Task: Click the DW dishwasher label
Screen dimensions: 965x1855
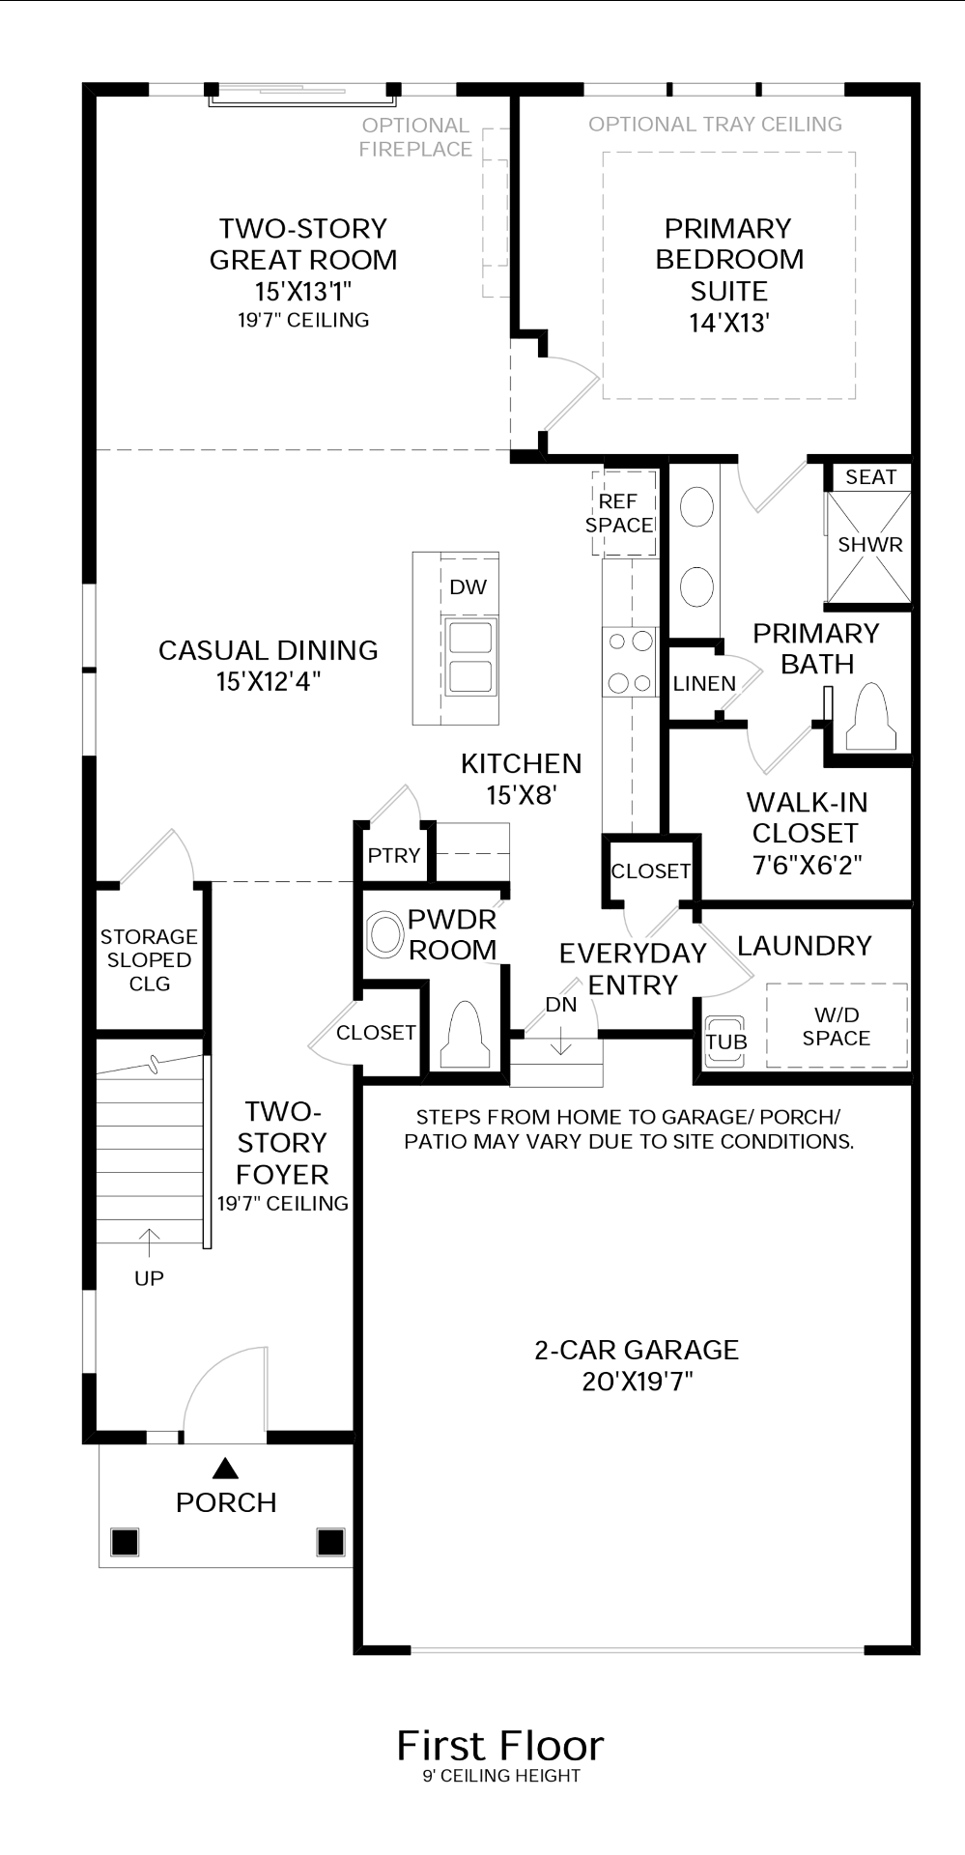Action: pyautogui.click(x=468, y=586)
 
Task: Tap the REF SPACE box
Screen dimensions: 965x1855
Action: pyautogui.click(x=624, y=513)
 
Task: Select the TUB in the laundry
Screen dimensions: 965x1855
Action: pyautogui.click(x=725, y=1042)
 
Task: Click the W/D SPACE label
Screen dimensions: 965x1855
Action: pyautogui.click(x=837, y=1026)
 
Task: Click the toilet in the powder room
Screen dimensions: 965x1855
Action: pyautogui.click(x=465, y=1035)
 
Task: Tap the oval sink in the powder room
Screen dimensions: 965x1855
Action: pyautogui.click(x=385, y=935)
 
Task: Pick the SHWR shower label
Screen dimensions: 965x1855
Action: pyautogui.click(x=870, y=544)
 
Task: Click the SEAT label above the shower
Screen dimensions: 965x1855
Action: pyautogui.click(x=870, y=476)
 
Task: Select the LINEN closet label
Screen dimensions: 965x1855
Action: pyautogui.click(x=704, y=683)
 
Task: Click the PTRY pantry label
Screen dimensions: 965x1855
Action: pyautogui.click(x=394, y=855)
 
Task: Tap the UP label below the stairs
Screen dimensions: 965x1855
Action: pyautogui.click(x=149, y=1278)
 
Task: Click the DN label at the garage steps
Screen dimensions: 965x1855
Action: pyautogui.click(x=561, y=1004)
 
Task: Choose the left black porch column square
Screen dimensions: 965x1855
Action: pyautogui.click(x=125, y=1541)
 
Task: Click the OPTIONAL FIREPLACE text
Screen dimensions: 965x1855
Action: pyautogui.click(x=415, y=137)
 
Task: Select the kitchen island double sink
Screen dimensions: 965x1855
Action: pyautogui.click(x=469, y=657)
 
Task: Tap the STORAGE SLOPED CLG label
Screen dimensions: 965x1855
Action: pyautogui.click(x=149, y=959)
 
